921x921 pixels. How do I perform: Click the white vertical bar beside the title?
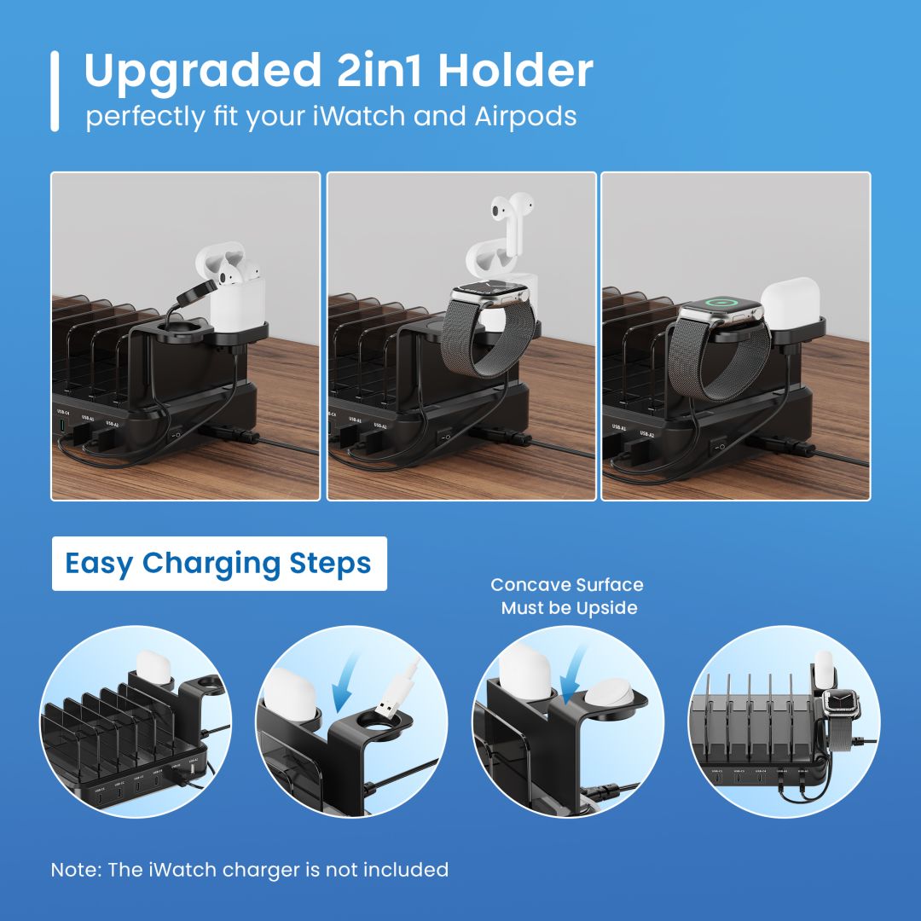click(55, 90)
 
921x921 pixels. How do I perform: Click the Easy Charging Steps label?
click(219, 564)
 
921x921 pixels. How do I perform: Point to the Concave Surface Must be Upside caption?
click(567, 596)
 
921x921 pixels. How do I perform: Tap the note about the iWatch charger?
click(249, 870)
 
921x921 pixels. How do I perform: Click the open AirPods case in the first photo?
click(232, 286)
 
